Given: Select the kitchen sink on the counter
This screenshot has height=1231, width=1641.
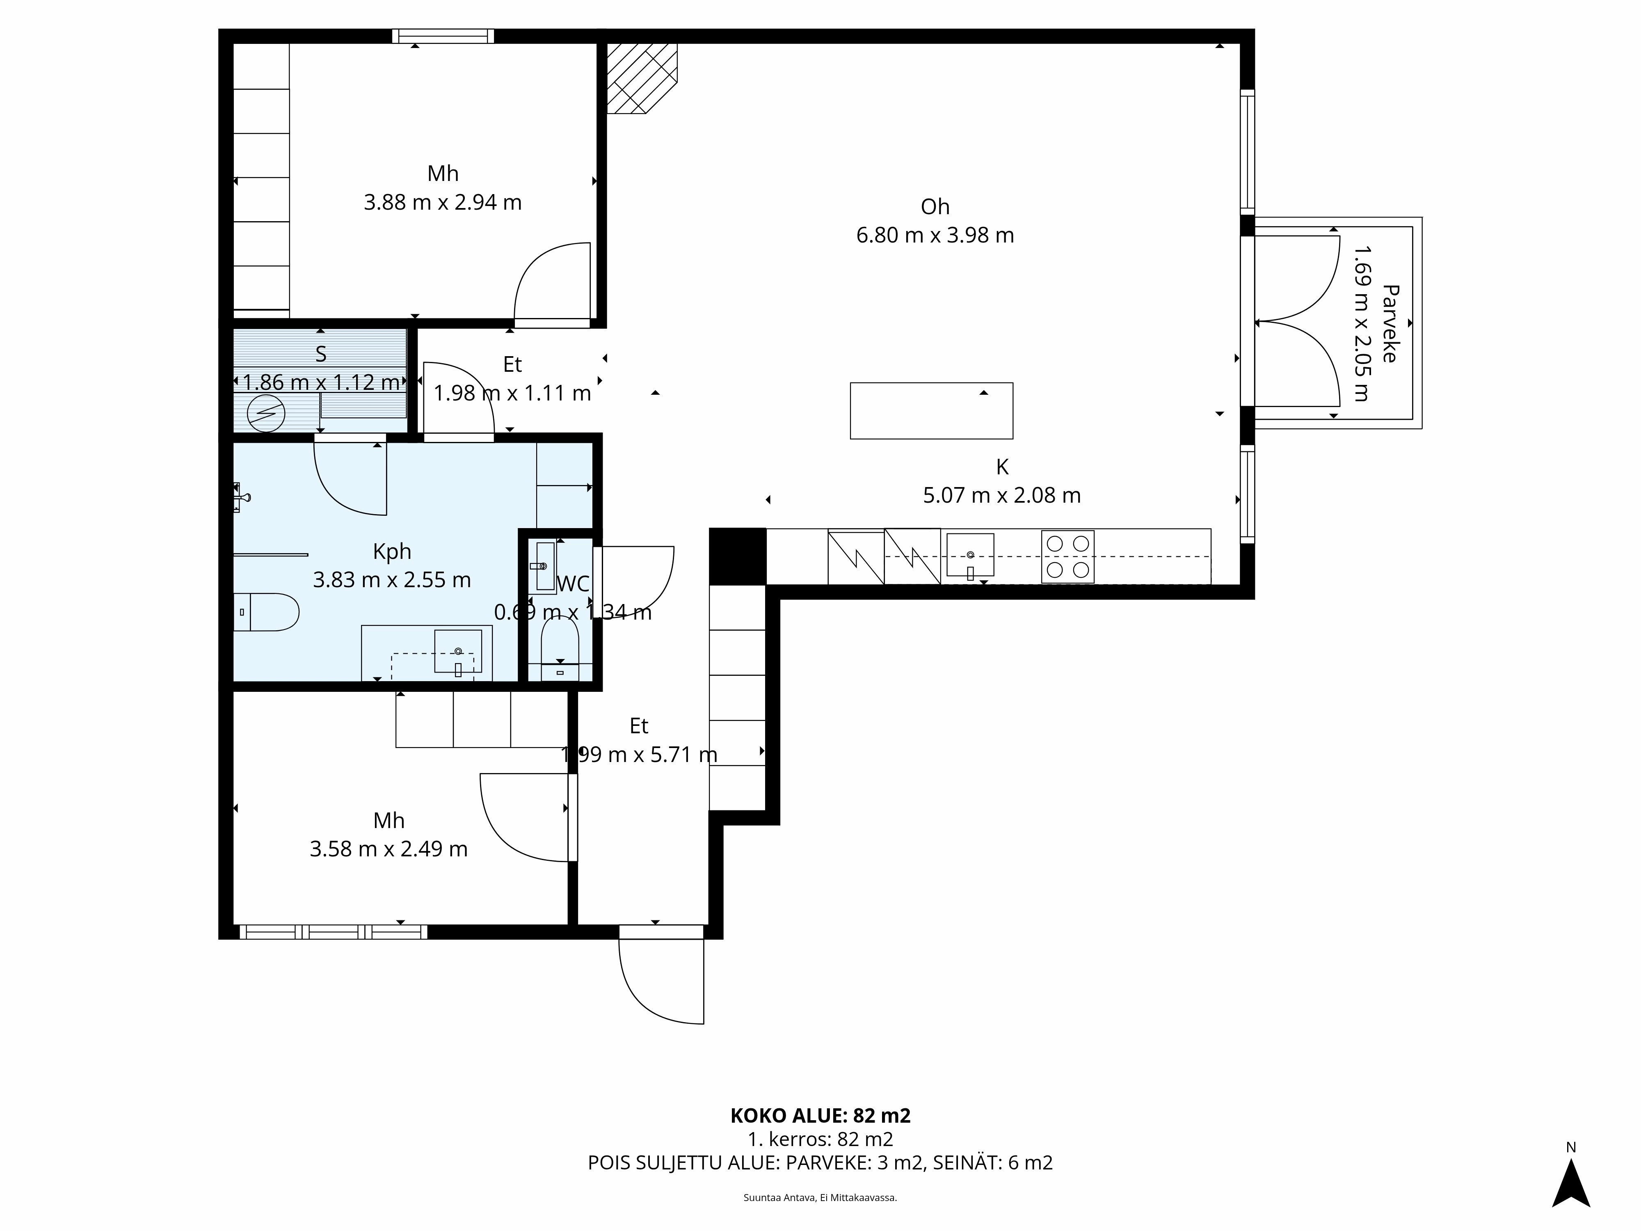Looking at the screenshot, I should pos(969,555).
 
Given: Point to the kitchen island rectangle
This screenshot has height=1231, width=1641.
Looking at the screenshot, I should pos(931,410).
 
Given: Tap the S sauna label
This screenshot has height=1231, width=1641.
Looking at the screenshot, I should pos(320,354).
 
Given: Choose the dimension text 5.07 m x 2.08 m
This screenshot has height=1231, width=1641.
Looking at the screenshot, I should pos(1001,495).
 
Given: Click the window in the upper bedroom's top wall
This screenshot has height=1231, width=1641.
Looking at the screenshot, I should pos(443,36).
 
